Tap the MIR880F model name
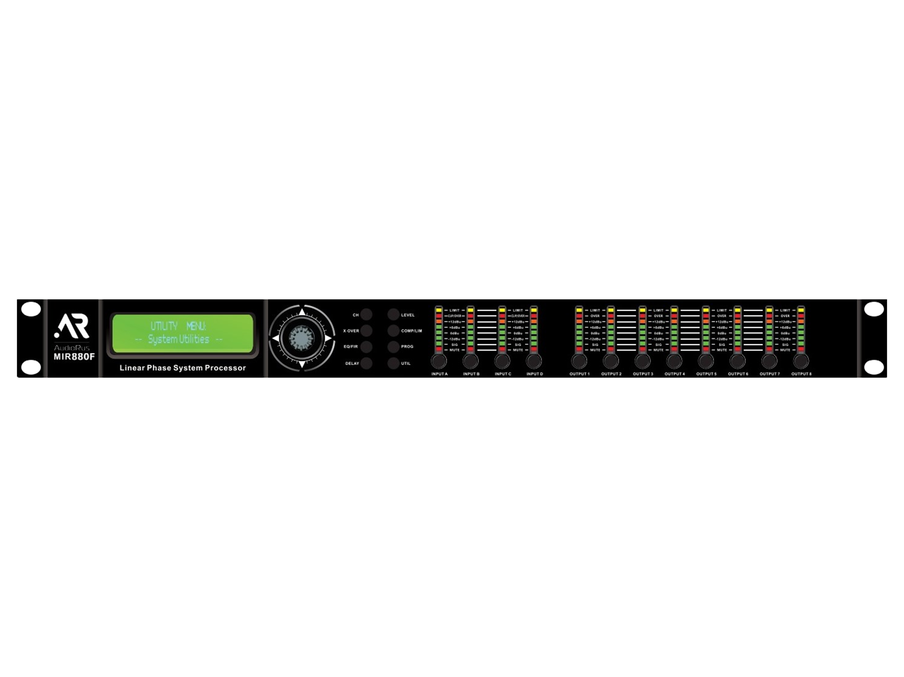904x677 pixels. [74, 357]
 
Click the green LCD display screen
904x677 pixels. [183, 333]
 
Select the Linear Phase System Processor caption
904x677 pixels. [183, 368]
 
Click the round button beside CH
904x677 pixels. [366, 315]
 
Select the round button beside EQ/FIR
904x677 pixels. [366, 346]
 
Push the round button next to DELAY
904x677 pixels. [366, 363]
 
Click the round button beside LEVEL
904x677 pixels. [393, 315]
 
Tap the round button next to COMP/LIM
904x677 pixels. [393, 331]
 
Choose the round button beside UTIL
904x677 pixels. [393, 363]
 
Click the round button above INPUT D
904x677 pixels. [534, 361]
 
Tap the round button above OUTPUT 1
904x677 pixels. [579, 361]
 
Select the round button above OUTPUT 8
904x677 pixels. [801, 361]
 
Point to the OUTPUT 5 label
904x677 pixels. [706, 374]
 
